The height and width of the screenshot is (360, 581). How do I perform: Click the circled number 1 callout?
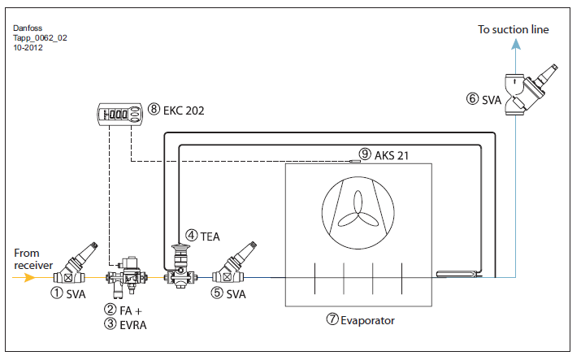(57, 293)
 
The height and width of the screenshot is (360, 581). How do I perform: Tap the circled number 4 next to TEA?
(191, 235)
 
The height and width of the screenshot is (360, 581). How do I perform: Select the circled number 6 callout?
(472, 98)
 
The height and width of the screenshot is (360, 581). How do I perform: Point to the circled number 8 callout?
(154, 109)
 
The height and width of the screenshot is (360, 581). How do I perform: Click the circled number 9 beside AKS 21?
(365, 154)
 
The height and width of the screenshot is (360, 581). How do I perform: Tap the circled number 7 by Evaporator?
(332, 319)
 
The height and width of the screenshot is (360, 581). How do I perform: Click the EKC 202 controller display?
(119, 113)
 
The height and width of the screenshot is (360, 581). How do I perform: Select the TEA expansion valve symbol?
(180, 266)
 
